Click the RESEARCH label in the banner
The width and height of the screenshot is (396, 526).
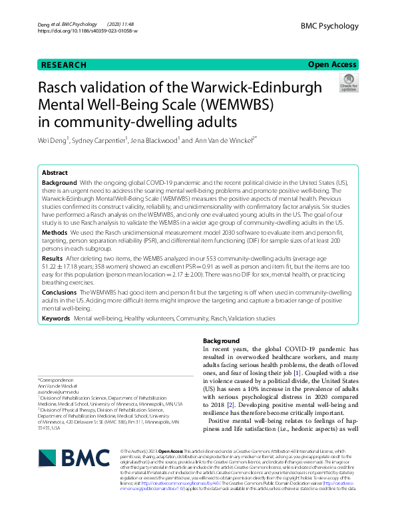tap(64, 65)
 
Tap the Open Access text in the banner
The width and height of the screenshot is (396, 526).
tap(332, 65)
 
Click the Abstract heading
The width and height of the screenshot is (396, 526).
tap(55, 172)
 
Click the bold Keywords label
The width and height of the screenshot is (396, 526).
tap(56, 319)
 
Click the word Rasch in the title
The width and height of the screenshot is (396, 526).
tap(60, 89)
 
